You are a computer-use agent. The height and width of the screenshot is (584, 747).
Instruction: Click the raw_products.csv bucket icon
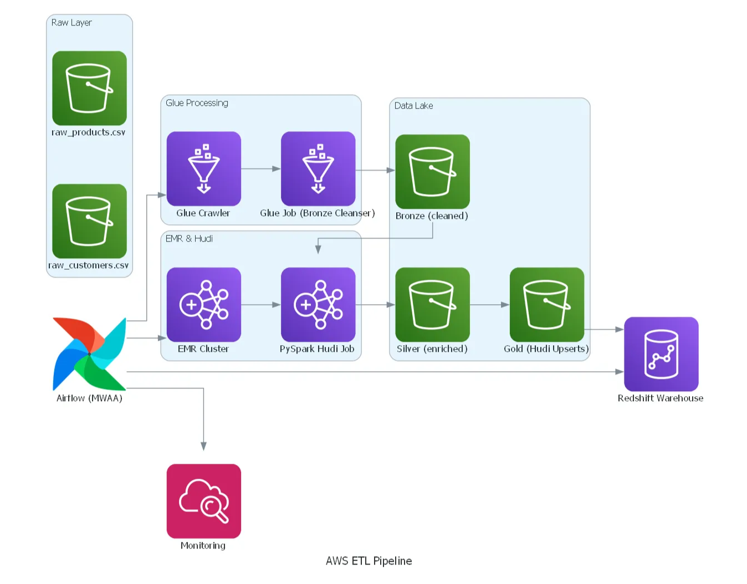(89, 88)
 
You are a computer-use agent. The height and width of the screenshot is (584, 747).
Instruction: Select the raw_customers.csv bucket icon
(89, 221)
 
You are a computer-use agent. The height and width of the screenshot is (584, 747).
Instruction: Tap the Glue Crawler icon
(203, 168)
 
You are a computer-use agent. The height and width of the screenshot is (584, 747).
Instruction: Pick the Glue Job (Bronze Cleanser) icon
(318, 168)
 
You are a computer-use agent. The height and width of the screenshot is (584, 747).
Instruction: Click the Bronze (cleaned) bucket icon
(432, 172)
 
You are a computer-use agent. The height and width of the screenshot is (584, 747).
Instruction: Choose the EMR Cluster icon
(203, 305)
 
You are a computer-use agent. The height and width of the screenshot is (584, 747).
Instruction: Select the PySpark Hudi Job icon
(318, 305)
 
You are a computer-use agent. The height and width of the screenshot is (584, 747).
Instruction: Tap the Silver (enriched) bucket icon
(432, 305)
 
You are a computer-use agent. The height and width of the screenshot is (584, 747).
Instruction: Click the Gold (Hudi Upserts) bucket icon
(546, 305)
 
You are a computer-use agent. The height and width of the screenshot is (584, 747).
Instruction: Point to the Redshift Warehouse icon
(661, 354)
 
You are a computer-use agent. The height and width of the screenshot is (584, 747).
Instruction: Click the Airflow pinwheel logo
(89, 354)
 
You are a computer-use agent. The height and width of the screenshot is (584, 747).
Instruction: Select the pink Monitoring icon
(203, 501)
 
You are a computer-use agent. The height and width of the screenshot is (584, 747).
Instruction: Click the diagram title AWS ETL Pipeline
(369, 561)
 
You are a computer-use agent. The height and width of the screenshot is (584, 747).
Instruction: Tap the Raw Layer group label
(71, 23)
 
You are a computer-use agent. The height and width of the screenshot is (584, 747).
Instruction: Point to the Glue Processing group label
(197, 103)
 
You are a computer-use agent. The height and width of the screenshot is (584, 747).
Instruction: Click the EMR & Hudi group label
(189, 239)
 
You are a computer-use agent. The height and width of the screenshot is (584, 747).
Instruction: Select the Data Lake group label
(413, 106)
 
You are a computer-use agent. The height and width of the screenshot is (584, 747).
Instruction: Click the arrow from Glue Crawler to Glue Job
(260, 168)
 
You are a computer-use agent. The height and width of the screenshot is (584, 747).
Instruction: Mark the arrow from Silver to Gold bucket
(489, 305)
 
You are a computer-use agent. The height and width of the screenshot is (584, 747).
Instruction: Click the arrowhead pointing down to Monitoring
(203, 446)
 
